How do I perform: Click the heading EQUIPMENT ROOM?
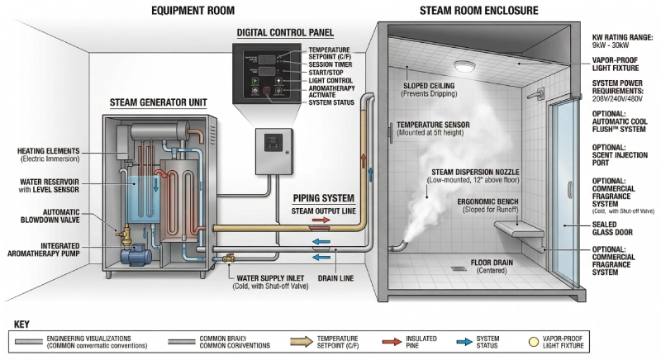pyautogui.click(x=193, y=11)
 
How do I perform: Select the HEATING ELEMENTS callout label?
pyautogui.click(x=49, y=154)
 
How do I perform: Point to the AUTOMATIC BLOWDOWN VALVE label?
pyautogui.click(x=49, y=216)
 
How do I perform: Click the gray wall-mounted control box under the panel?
pyautogui.click(x=274, y=150)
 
